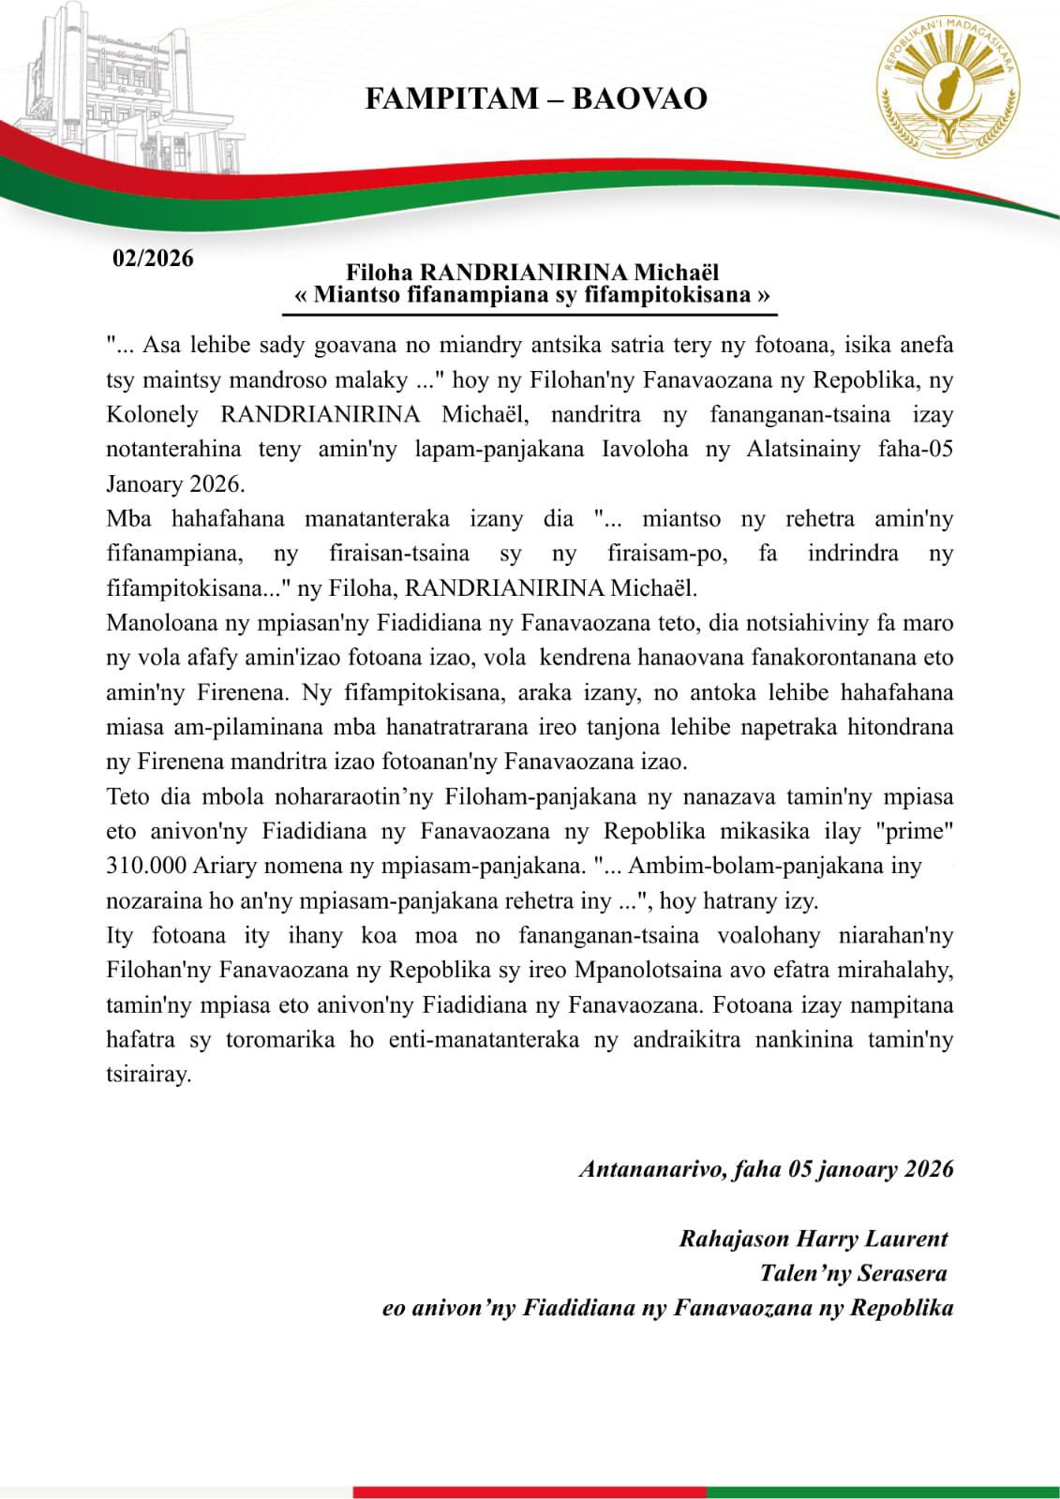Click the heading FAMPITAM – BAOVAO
[x=535, y=98]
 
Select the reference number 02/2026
[x=153, y=259]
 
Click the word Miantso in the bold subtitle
[x=354, y=295]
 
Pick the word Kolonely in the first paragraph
[x=152, y=414]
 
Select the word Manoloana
[x=159, y=623]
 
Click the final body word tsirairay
[x=149, y=1075]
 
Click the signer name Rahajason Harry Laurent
[x=814, y=1239]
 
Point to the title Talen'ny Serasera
[x=853, y=1273]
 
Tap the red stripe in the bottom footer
[x=530, y=1491]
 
